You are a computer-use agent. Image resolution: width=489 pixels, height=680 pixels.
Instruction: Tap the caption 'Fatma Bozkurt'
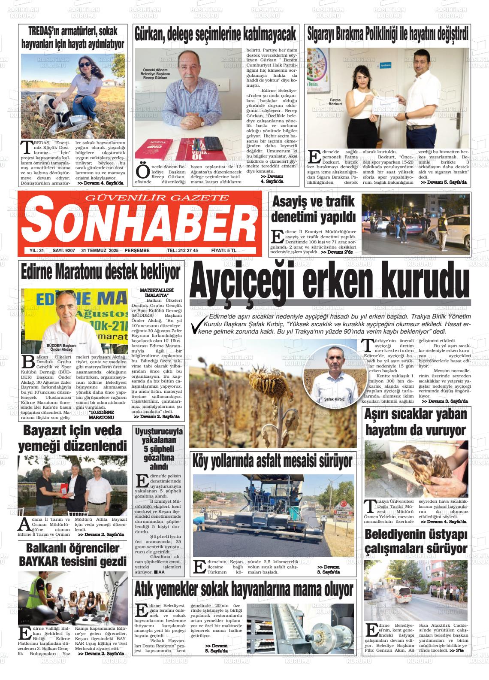(x=335, y=102)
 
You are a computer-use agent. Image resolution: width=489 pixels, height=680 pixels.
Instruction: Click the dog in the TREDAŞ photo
(x=56, y=107)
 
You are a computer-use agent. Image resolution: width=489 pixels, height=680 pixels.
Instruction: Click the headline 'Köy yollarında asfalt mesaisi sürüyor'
(x=272, y=461)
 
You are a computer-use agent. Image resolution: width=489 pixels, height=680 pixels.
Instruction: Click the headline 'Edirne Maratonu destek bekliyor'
(x=101, y=272)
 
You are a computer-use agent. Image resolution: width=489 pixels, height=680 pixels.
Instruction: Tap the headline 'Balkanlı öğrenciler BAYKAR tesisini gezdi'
(x=73, y=555)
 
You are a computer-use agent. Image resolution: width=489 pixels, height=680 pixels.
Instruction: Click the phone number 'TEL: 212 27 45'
(x=182, y=250)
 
